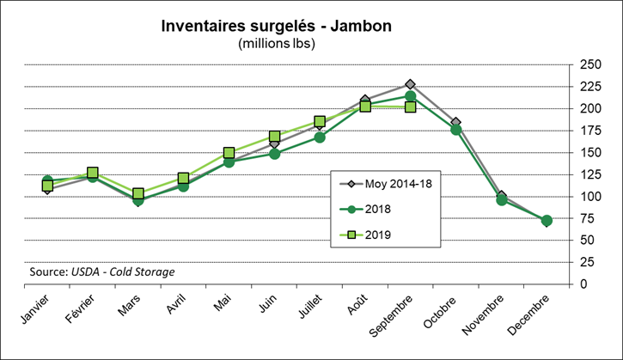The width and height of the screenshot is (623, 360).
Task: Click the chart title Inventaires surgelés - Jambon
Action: [277, 26]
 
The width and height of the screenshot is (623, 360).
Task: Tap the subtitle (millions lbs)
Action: [277, 43]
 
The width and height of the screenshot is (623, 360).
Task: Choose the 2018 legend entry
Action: [379, 208]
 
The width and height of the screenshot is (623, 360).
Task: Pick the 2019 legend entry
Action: [379, 232]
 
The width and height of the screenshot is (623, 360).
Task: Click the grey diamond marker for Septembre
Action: [411, 84]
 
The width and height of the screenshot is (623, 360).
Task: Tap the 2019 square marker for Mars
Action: [138, 194]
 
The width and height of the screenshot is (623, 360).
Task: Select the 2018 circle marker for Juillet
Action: [320, 137]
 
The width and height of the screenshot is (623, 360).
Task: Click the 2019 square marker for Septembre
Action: [411, 107]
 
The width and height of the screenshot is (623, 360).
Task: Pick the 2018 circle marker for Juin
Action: [274, 154]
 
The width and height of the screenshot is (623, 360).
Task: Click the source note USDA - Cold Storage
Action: [101, 272]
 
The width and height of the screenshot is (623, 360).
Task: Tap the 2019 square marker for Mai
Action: [229, 153]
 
